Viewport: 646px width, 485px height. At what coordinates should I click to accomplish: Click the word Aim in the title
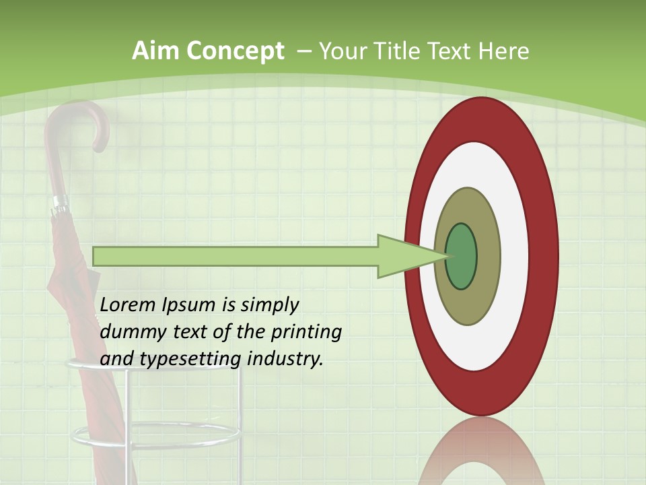coord(155,51)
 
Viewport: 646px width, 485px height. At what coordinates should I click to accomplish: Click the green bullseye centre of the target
coord(462,256)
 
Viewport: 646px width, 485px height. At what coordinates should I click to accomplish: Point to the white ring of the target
coord(514,256)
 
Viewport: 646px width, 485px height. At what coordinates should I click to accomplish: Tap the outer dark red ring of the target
coord(545,256)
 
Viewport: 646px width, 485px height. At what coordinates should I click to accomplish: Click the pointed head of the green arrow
coord(404,256)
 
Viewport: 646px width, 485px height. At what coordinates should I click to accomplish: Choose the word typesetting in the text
coord(192,360)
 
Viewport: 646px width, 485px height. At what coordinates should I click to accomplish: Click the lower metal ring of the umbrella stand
coord(155,437)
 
